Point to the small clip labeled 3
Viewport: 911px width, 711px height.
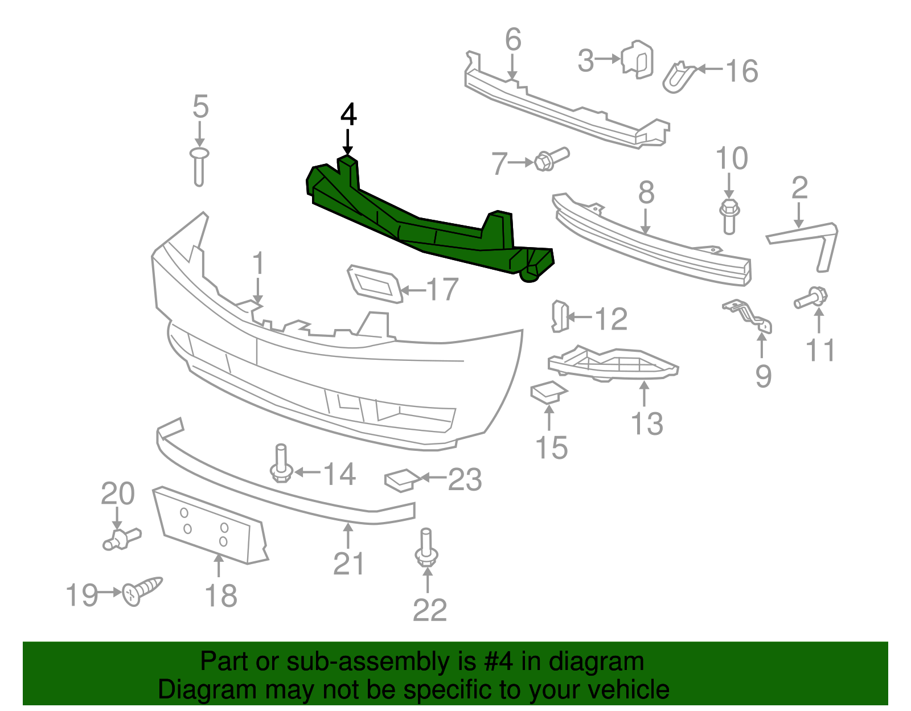click(638, 59)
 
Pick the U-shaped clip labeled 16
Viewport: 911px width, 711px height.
click(679, 77)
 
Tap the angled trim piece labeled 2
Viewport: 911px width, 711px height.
click(809, 239)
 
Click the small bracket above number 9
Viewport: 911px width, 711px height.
click(749, 316)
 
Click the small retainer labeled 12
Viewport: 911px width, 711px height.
click(559, 317)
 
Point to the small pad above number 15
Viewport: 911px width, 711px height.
click(548, 392)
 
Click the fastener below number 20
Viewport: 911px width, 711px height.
click(121, 539)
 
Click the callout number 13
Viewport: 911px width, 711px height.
click(647, 424)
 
